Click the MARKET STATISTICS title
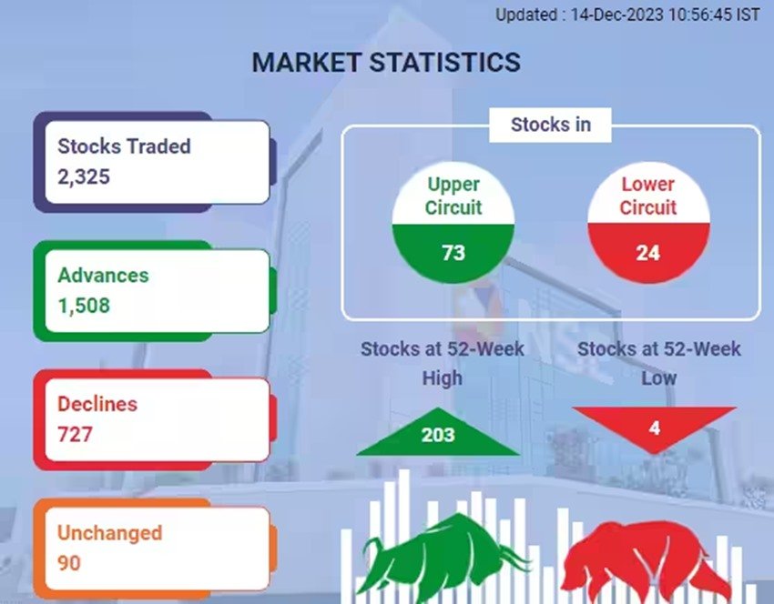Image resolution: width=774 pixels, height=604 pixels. pos(386,62)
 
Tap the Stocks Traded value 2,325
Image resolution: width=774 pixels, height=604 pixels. pos(84,177)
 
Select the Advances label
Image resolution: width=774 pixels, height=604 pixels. pos(103,275)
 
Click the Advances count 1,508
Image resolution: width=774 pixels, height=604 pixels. pos(84,306)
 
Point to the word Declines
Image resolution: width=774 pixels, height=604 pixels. pos(97,404)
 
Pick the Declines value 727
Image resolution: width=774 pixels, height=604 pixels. pos(75,435)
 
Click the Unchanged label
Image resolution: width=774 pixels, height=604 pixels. pos(109,533)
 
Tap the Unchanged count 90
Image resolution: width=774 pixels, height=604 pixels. pos(68,563)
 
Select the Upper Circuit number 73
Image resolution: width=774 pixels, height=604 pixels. pos(453,253)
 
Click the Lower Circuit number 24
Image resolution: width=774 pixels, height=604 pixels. pos(647,253)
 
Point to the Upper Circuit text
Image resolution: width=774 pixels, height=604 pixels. pos(453,196)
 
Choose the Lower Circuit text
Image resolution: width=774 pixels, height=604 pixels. pos(647,196)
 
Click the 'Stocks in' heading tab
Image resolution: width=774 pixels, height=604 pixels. pos(550,125)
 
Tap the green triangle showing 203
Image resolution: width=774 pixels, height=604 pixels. pos(437,432)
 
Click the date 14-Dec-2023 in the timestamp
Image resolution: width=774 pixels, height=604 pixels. pos(616,15)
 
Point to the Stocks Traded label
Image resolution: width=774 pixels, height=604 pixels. pos(124,146)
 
